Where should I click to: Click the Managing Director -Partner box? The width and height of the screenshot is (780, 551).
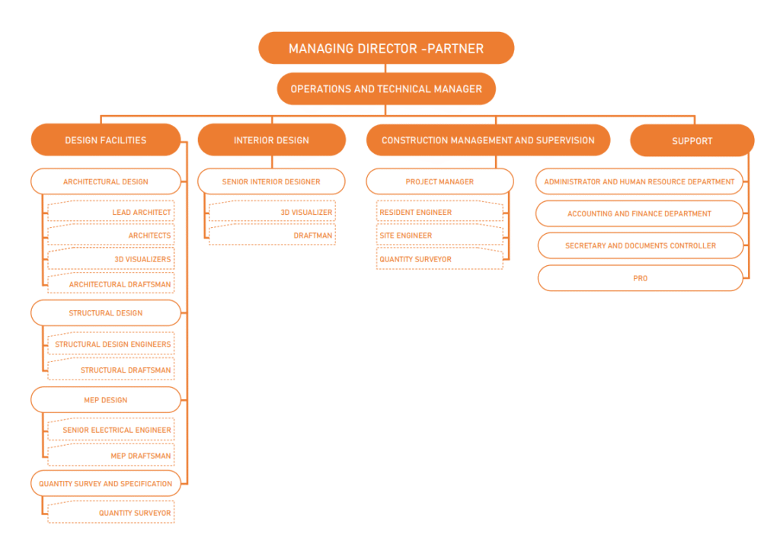386,48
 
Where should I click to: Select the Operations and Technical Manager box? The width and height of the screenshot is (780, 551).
386,89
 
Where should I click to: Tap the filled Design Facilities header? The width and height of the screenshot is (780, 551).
106,140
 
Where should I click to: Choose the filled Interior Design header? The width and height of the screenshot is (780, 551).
271,140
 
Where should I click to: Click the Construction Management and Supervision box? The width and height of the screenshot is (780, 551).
487,140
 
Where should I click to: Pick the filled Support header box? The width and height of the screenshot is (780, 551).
692,141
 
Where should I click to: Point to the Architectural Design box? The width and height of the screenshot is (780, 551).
106,181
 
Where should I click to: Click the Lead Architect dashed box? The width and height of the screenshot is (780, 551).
110,212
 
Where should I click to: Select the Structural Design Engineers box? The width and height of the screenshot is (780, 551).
110,344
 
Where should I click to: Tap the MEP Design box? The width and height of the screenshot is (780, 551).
106,399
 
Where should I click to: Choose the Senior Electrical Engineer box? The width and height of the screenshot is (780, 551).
110,430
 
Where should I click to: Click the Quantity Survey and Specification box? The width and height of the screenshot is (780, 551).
106,483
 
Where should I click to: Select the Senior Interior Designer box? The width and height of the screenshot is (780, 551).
271,181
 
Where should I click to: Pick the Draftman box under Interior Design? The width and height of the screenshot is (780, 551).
272,235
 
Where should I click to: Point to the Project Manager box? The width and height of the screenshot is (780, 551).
440,181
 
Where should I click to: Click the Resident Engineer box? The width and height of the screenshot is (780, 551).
440,212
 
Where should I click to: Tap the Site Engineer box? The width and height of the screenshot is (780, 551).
440,235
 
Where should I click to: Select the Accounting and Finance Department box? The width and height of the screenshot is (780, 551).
639,213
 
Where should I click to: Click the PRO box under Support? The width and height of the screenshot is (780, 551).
640,278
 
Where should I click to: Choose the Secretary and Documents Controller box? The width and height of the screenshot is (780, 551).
640,245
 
